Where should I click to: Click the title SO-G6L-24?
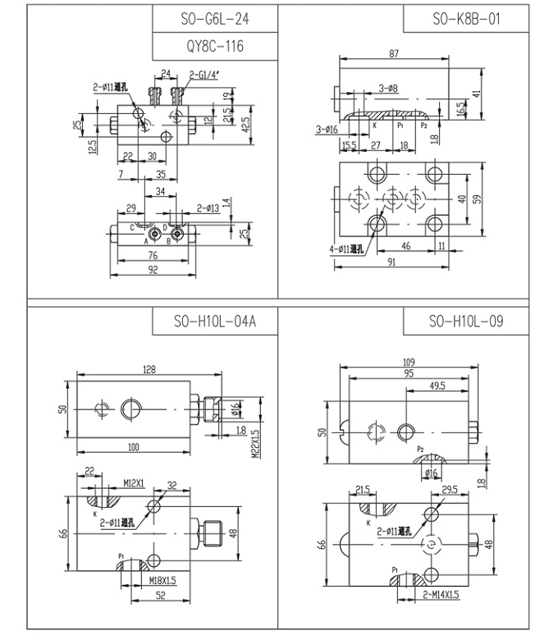(x=214, y=19)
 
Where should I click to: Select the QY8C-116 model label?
(x=214, y=46)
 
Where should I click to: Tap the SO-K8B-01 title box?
(x=464, y=19)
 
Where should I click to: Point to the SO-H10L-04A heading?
(x=214, y=321)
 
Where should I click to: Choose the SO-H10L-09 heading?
(x=464, y=321)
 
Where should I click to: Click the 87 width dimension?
(x=394, y=53)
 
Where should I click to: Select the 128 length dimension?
(x=149, y=371)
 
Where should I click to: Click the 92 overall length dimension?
(x=152, y=267)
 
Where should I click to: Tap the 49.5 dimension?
(x=437, y=385)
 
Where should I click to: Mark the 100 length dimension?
(x=134, y=446)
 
